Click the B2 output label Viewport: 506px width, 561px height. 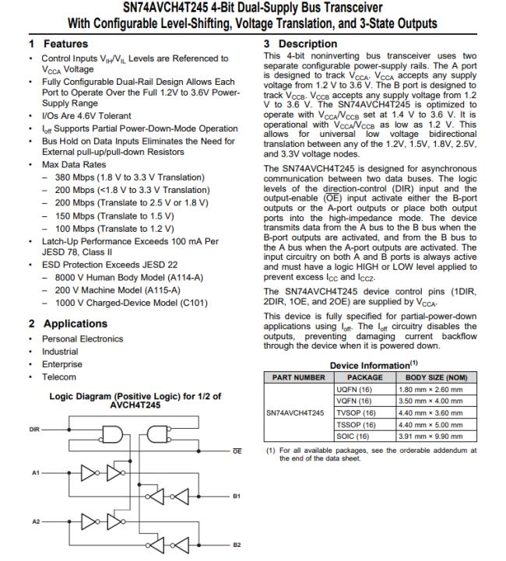(236, 543)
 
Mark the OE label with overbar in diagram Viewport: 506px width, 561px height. (236, 451)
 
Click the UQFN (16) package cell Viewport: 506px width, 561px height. (354, 388)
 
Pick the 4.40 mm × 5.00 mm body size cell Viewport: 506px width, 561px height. (424, 424)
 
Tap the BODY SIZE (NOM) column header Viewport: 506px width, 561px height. (424, 377)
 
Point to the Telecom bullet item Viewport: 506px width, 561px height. (58, 377)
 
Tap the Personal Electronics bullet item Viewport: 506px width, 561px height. (82, 339)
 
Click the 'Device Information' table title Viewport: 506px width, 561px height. (372, 365)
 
